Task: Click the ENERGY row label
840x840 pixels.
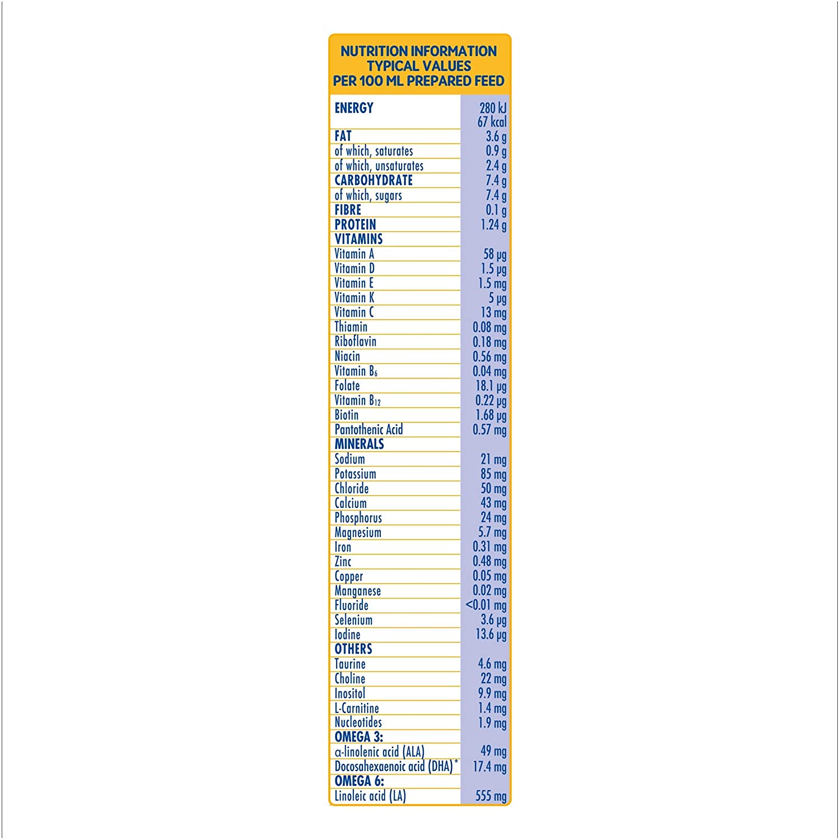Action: pos(354,108)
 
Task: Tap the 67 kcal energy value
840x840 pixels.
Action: pos(492,122)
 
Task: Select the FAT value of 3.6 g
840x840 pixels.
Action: pos(496,137)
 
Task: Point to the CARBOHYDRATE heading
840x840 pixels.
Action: pos(374,180)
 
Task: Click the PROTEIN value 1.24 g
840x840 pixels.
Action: pos(493,225)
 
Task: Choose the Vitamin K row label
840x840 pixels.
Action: pos(354,297)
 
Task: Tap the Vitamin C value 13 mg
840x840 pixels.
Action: pos(493,312)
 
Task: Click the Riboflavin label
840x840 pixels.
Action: pos(355,342)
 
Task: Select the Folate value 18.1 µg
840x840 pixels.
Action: pos(491,386)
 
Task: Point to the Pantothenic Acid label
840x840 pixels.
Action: pos(368,430)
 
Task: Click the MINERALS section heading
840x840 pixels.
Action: pos(359,444)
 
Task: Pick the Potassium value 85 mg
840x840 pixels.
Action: pos(493,474)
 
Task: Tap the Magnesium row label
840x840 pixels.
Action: pos(358,533)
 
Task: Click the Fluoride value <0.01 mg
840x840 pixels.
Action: pos(486,605)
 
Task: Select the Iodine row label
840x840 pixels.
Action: pos(347,634)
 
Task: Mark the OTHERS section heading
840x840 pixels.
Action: pos(353,649)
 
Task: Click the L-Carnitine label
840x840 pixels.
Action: pos(357,708)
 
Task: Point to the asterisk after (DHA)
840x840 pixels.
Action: pos(456,762)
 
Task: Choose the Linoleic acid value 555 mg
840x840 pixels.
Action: pos(491,796)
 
